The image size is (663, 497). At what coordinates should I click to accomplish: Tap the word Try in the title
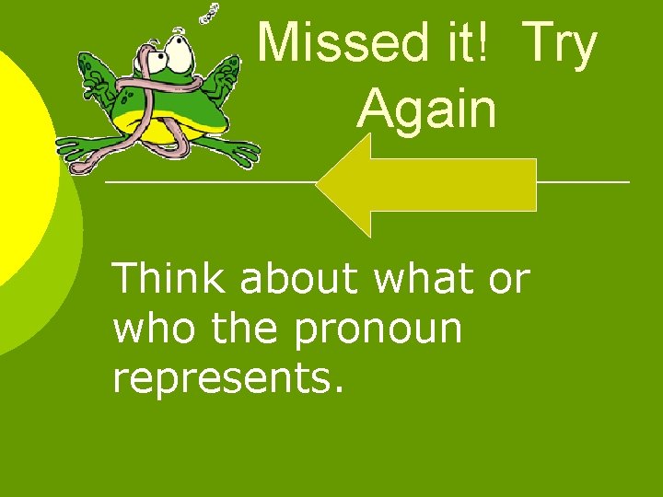(559, 44)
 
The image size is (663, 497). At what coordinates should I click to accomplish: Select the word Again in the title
(426, 109)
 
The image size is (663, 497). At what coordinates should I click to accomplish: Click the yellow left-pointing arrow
(425, 185)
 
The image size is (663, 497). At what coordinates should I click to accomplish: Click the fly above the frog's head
(213, 13)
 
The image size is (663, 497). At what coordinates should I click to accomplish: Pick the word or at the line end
(508, 279)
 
